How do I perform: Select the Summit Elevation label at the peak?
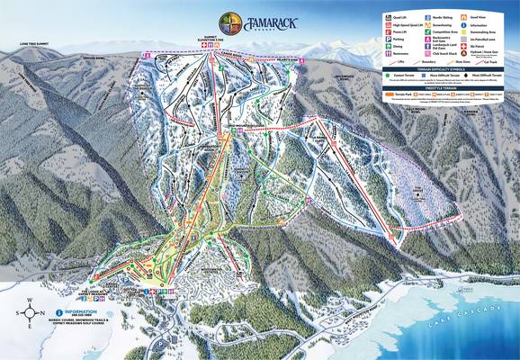[212, 41]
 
